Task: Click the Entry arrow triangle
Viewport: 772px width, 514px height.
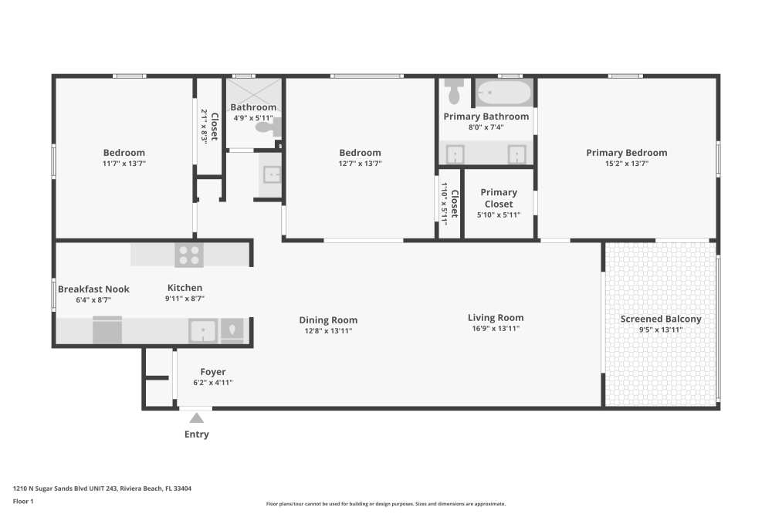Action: pyautogui.click(x=197, y=418)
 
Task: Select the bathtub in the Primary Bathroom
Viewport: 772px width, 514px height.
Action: pyautogui.click(x=504, y=94)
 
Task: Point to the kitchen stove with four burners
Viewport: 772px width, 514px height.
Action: pyautogui.click(x=189, y=254)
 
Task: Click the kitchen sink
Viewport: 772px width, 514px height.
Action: pyautogui.click(x=203, y=330)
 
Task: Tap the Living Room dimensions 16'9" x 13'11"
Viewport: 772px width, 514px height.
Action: pyautogui.click(x=495, y=329)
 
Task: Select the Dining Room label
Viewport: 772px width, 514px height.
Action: pyautogui.click(x=328, y=320)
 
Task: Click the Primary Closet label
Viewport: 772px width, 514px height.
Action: pyautogui.click(x=499, y=198)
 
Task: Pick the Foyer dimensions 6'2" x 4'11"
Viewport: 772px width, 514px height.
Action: pyautogui.click(x=212, y=383)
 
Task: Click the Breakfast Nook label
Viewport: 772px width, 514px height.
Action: pyautogui.click(x=93, y=289)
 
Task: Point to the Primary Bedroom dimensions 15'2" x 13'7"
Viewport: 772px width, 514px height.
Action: pyautogui.click(x=626, y=164)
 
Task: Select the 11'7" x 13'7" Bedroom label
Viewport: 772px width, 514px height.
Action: pyautogui.click(x=124, y=153)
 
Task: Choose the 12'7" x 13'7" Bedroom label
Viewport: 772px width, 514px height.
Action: pyautogui.click(x=360, y=153)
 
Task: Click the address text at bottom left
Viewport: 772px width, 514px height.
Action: pyautogui.click(x=102, y=489)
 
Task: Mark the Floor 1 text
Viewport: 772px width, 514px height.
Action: pyautogui.click(x=23, y=502)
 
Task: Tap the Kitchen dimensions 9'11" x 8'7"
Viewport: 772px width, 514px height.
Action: pyautogui.click(x=185, y=298)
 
